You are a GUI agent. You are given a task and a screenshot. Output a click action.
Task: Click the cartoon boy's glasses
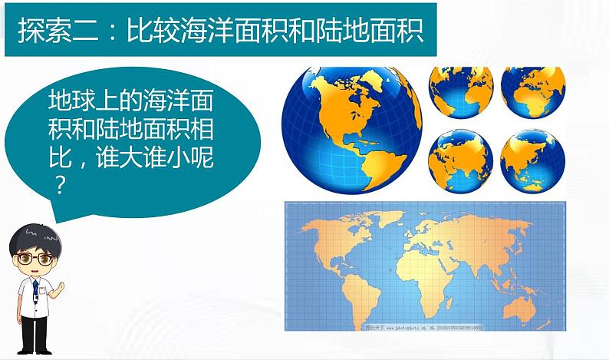click(x=33, y=258)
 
